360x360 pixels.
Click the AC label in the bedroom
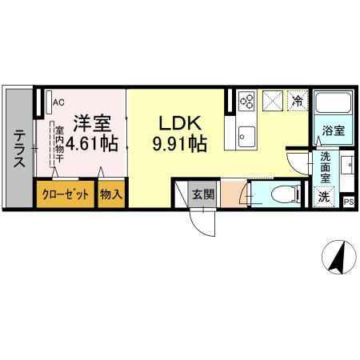pyautogui.click(x=58, y=102)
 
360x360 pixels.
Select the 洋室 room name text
pyautogui.click(x=92, y=125)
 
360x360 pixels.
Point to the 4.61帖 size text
pyautogui.click(x=92, y=145)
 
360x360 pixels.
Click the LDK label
pyautogui.click(x=182, y=125)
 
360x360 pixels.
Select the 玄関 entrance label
pyautogui.click(x=202, y=194)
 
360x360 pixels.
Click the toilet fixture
pyautogui.click(x=280, y=194)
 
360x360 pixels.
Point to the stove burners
pyautogui.click(x=246, y=102)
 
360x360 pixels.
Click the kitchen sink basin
pyautogui.click(x=245, y=133)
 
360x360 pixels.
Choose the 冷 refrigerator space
pyautogui.click(x=297, y=101)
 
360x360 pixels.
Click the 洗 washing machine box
pyautogui.click(x=325, y=195)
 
